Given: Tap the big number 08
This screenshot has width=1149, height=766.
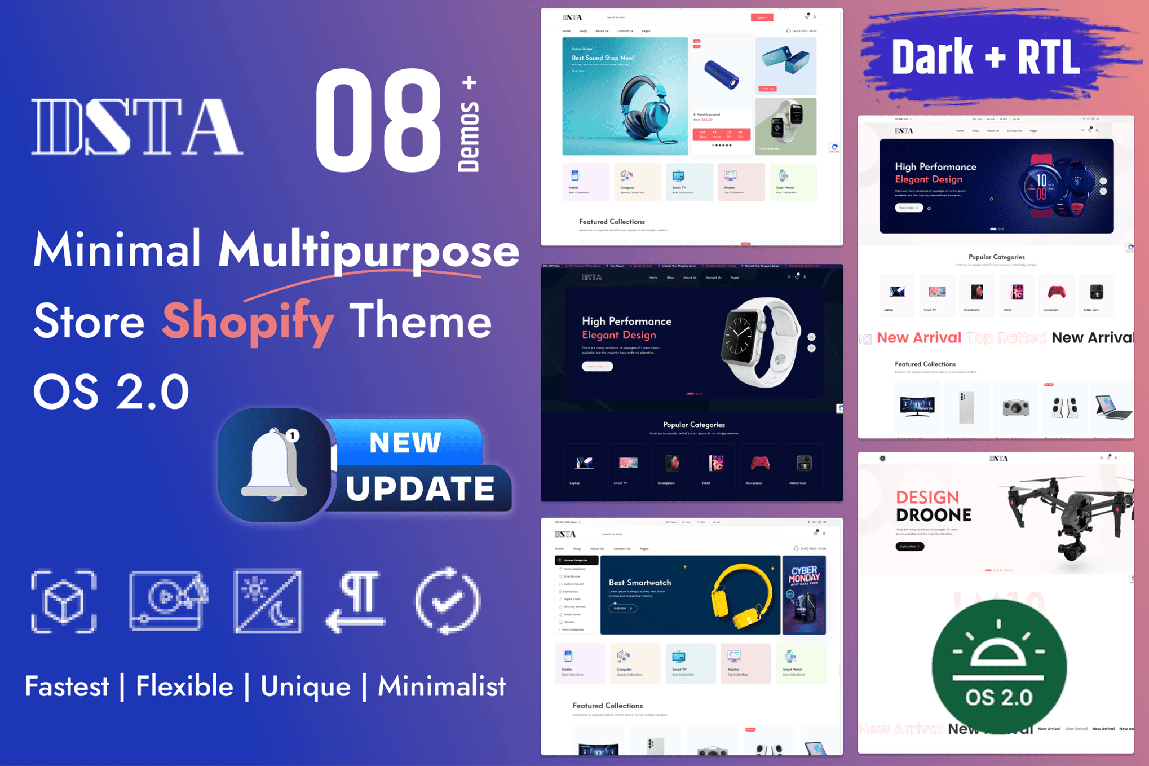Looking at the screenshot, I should [378, 120].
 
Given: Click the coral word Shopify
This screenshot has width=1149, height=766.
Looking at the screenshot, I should [248, 322].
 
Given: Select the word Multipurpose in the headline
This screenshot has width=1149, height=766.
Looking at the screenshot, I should [368, 250].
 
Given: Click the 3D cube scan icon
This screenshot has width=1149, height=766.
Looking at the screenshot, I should [64, 601].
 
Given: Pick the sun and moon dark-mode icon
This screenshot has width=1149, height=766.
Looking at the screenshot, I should [268, 601].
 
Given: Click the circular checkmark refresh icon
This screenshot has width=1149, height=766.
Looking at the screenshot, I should [448, 601].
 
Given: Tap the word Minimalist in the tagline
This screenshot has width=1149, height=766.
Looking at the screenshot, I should [441, 686].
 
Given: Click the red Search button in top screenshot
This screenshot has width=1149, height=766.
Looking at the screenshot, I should [762, 17].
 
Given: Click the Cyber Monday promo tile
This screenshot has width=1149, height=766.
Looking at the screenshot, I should [804, 595].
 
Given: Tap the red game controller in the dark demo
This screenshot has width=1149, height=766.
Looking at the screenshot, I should [759, 464].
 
